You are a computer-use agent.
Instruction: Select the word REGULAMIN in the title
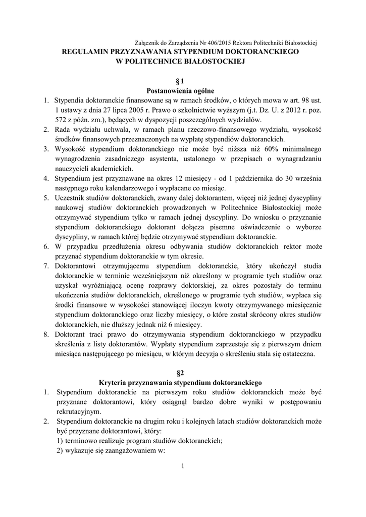pyautogui.click(x=85, y=51)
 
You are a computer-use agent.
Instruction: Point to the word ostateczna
pyautogui.click(x=297, y=353)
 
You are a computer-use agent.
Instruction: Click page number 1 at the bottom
pyautogui.click(x=183, y=465)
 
